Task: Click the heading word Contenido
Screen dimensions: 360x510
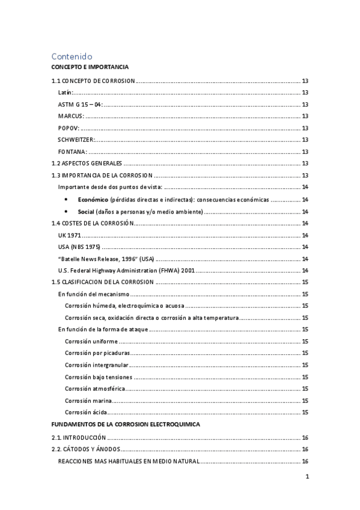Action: coord(72,55)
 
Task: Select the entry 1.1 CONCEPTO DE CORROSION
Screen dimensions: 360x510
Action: coord(93,81)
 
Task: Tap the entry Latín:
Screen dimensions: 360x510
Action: coord(66,93)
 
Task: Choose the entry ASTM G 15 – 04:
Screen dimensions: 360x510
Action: coord(81,105)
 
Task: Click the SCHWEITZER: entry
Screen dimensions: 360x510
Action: coord(76,140)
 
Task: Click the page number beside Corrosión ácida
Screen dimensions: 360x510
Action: coord(305,412)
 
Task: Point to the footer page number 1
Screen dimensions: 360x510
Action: coord(307,478)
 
